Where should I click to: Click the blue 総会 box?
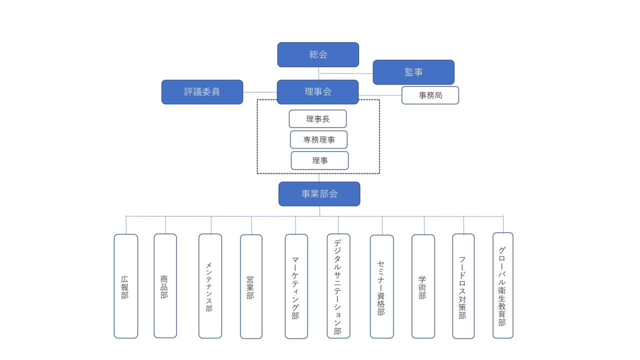tap(318, 54)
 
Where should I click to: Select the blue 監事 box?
tap(413, 72)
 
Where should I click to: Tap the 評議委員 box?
tap(202, 92)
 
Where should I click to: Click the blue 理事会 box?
tap(317, 92)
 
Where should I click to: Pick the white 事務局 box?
tap(430, 95)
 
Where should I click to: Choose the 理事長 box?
tap(317, 119)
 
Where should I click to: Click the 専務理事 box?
tap(318, 139)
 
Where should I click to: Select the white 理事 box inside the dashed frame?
tap(319, 160)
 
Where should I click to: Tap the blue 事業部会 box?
tap(319, 193)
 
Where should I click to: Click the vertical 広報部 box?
tap(125, 286)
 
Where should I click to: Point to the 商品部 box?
tap(165, 286)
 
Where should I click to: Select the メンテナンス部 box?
tap(210, 286)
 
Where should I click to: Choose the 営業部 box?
tap(251, 286)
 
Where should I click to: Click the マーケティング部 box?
tap(296, 286)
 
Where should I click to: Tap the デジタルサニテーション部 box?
tap(338, 286)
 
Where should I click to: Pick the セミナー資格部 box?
tap(381, 286)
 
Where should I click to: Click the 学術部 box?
tap(423, 286)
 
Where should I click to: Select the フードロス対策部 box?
tap(463, 286)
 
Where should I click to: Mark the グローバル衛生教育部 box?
tap(502, 285)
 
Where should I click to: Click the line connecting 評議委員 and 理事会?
tap(260, 92)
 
